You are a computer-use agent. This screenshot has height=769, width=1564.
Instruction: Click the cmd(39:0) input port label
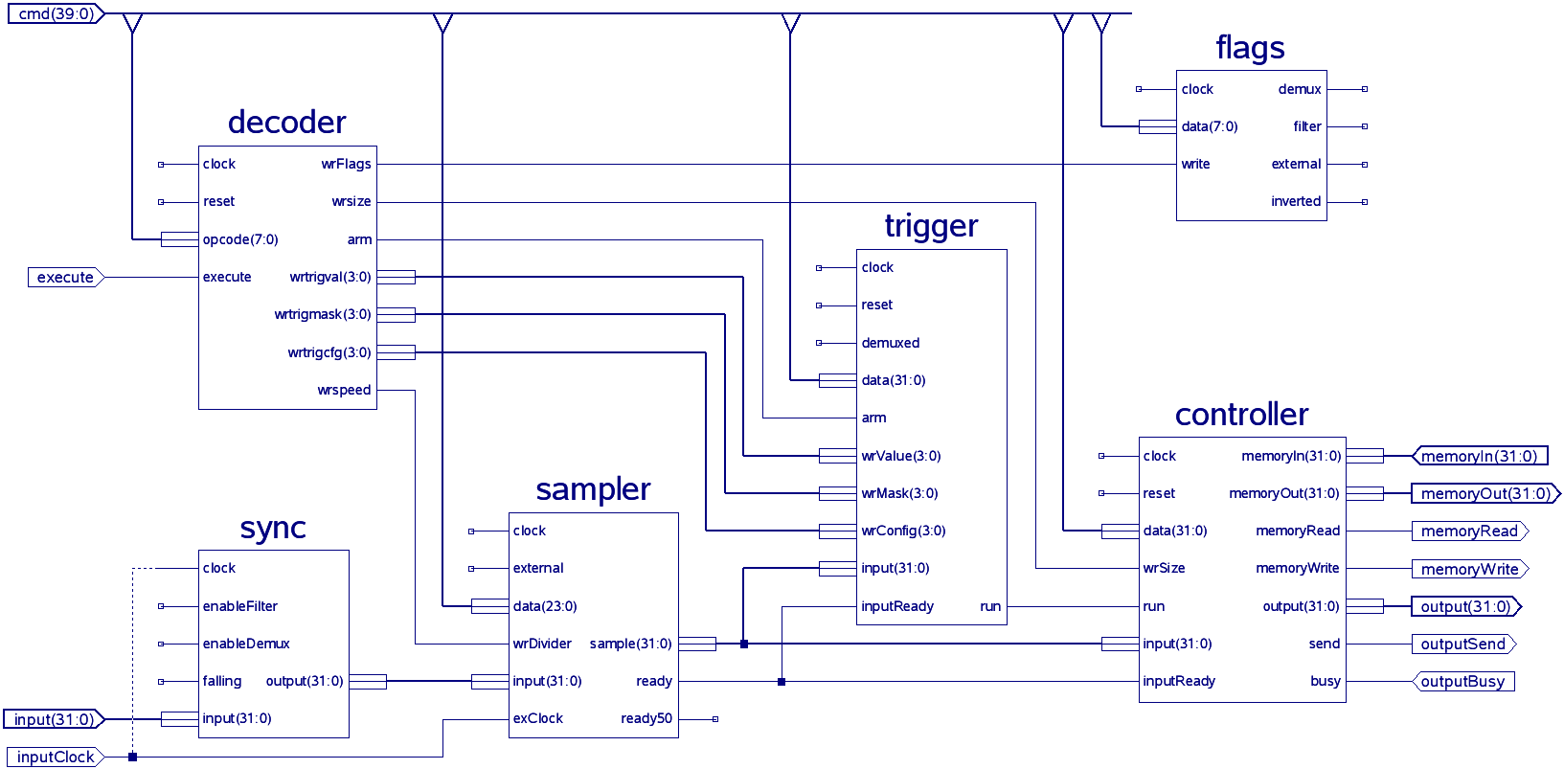pyautogui.click(x=56, y=14)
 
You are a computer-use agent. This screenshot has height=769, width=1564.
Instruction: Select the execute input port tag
pyautogui.click(x=65, y=278)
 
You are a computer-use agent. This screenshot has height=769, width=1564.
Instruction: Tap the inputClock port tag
pyautogui.click(x=55, y=757)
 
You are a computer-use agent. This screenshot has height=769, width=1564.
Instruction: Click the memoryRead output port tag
pyautogui.click(x=1469, y=531)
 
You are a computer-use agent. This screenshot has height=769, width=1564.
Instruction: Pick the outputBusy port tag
pyautogui.click(x=1462, y=682)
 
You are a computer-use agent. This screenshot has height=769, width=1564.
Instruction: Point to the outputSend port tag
pyautogui.click(x=1462, y=645)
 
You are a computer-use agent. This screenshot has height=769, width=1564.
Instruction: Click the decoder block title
pyautogui.click(x=286, y=123)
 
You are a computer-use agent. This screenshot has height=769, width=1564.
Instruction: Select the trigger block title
pyautogui.click(x=931, y=226)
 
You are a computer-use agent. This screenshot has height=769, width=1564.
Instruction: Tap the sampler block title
pyautogui.click(x=593, y=489)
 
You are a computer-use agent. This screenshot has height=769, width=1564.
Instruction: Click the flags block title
pyautogui.click(x=1250, y=48)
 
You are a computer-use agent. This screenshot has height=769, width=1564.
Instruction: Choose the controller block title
pyautogui.click(x=1241, y=415)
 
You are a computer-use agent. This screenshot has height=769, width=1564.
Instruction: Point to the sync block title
pyautogui.click(x=273, y=529)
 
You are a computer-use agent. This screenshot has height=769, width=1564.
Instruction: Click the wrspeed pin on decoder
pyautogui.click(x=344, y=390)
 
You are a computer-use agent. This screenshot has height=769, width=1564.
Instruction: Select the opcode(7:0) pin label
pyautogui.click(x=240, y=239)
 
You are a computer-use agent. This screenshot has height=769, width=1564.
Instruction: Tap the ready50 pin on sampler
pyautogui.click(x=646, y=718)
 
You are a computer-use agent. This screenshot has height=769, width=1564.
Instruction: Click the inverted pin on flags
pyautogui.click(x=1296, y=201)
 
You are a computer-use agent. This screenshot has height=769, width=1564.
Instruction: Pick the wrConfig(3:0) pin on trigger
pyautogui.click(x=903, y=531)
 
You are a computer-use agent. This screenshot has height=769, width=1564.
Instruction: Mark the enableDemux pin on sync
pyautogui.click(x=246, y=644)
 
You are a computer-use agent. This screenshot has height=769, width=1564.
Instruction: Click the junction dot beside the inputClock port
pyautogui.click(x=132, y=757)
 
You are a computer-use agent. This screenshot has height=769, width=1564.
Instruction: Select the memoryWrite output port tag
pyautogui.click(x=1469, y=569)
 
